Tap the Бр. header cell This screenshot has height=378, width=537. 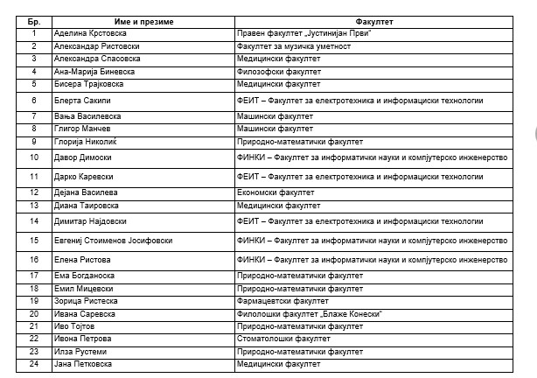33,19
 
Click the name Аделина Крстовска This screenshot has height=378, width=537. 93,32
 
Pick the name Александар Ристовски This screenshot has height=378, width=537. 98,45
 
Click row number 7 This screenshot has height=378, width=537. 33,115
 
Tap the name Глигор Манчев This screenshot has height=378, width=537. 87,129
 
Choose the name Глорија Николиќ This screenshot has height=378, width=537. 91,141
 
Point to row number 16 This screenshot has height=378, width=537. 33,259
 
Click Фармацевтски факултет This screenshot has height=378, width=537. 283,300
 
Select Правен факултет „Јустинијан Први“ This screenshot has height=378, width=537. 305,32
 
